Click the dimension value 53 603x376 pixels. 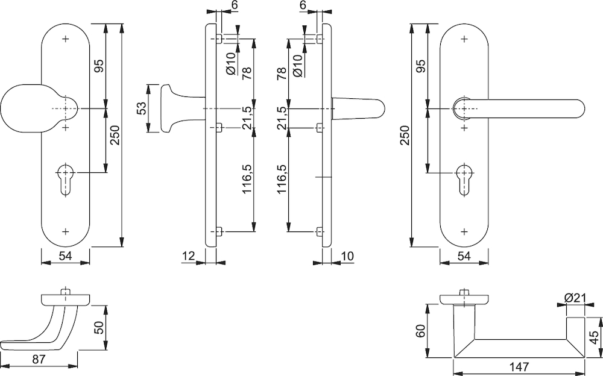[x=140, y=108]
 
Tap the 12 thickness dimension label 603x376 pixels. [x=189, y=255]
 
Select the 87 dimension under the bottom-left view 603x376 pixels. [x=39, y=360]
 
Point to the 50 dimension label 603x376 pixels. [x=99, y=328]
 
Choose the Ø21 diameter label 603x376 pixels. [x=575, y=298]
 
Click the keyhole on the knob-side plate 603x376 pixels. [x=66, y=179]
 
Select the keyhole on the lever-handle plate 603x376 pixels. [x=464, y=179]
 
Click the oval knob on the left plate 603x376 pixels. [x=39, y=109]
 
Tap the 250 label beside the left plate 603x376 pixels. [x=115, y=136]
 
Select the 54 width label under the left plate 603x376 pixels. [x=65, y=255]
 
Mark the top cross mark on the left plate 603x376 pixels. [x=66, y=39]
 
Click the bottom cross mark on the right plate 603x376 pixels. [x=464, y=231]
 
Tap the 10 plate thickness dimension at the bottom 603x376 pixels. [x=347, y=255]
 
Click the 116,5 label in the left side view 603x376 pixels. [x=247, y=179]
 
